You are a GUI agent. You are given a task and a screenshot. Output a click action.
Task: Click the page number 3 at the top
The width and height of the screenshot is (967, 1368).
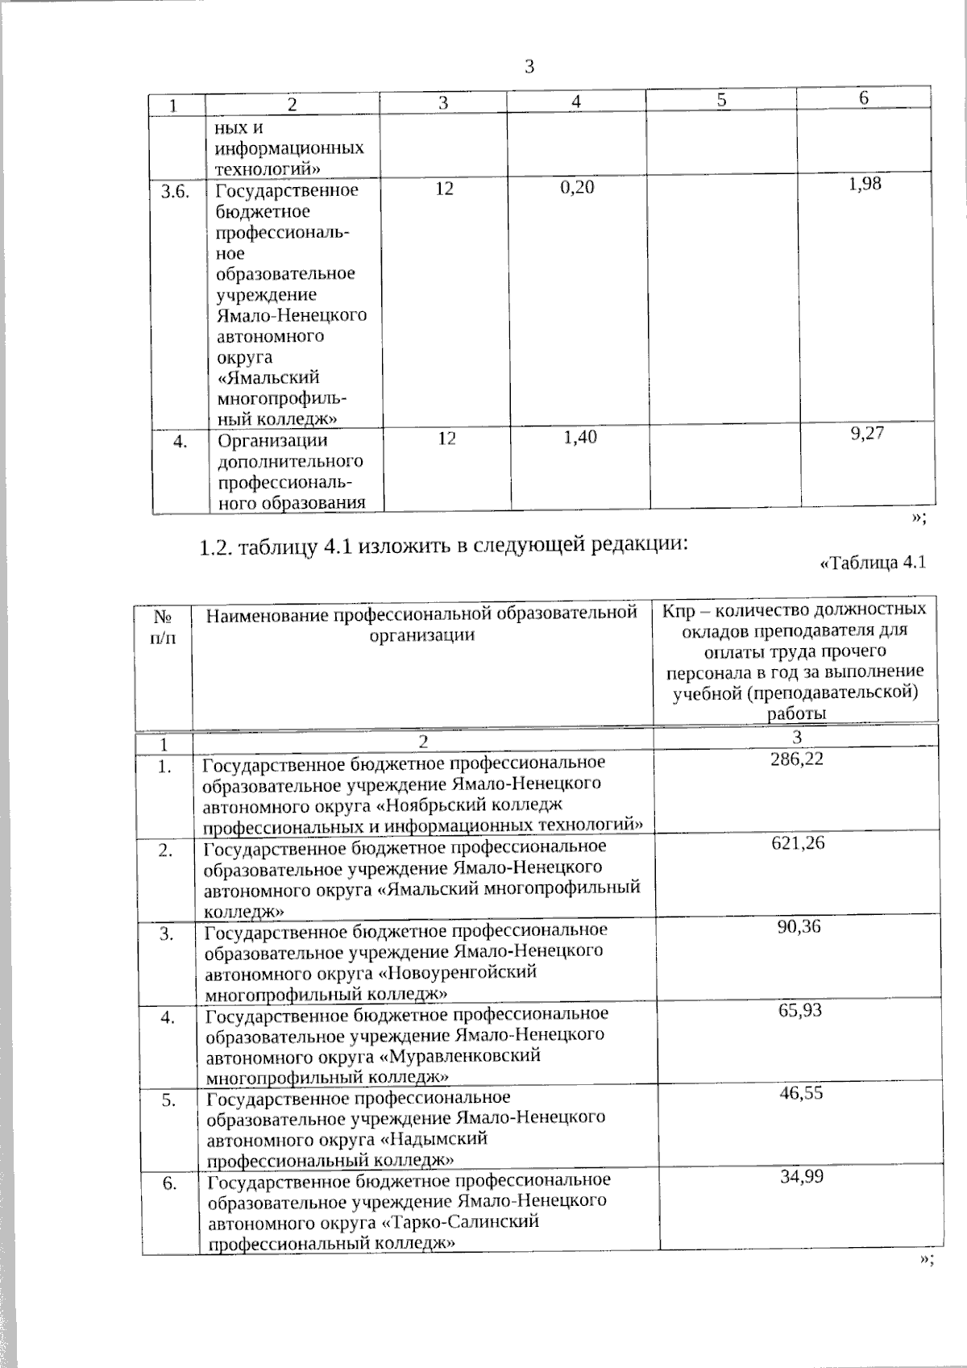[529, 68]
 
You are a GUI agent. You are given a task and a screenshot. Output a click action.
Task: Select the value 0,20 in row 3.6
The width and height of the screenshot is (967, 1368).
[576, 189]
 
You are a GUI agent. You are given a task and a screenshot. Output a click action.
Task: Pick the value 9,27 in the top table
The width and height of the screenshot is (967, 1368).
[867, 433]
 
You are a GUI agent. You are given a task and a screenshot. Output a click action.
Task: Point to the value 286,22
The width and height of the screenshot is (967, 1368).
[797, 759]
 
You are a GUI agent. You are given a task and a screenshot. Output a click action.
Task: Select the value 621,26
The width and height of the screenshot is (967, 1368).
[798, 843]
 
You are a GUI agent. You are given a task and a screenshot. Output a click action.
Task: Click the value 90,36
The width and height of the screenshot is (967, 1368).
[799, 926]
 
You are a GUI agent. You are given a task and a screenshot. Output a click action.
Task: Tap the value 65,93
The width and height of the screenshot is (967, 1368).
[799, 1009]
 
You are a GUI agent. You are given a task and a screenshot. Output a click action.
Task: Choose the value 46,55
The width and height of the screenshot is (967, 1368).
[800, 1093]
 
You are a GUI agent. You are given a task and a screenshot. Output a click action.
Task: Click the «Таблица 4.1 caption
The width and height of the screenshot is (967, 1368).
[872, 563]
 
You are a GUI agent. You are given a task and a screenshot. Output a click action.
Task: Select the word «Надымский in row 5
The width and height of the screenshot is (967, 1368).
[433, 1139]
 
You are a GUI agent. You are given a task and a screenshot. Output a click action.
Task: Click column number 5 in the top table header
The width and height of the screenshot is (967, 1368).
[722, 101]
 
